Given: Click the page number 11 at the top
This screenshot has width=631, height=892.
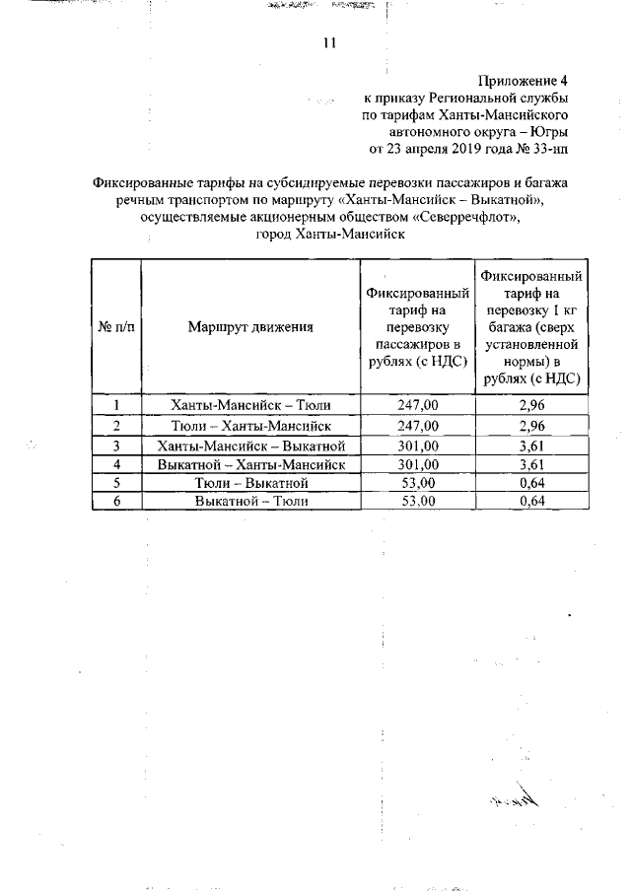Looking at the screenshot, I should pyautogui.click(x=329, y=43).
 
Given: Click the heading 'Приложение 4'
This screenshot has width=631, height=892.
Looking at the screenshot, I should pyautogui.click(x=524, y=81).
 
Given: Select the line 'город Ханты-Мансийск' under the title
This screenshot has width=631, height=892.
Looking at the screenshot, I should pyautogui.click(x=331, y=236).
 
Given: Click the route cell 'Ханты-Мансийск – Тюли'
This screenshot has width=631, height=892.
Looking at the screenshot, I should pyautogui.click(x=250, y=405).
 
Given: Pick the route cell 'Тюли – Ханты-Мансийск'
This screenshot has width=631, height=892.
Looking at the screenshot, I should pyautogui.click(x=250, y=426).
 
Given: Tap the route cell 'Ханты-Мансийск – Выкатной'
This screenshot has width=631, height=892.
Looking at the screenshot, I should pyautogui.click(x=250, y=446).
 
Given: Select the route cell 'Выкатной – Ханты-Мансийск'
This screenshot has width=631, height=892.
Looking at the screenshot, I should pyautogui.click(x=250, y=464).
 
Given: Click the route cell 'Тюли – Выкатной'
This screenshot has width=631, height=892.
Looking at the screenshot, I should pyautogui.click(x=250, y=483).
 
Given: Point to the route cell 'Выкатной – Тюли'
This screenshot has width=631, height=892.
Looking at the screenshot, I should pyautogui.click(x=250, y=501).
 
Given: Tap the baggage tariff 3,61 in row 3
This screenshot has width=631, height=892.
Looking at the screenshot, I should pyautogui.click(x=531, y=446).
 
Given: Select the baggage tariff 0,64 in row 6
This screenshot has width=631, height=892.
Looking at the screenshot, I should pyautogui.click(x=531, y=501).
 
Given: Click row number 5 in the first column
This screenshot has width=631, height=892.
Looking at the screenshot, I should pyautogui.click(x=116, y=483).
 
